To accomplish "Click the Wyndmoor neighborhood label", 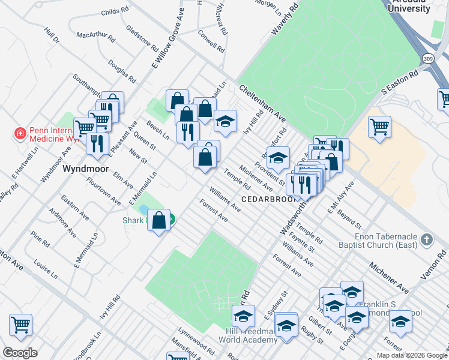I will [86, 169].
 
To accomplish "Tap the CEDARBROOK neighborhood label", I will [266, 199].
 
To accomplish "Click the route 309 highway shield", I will [427, 59].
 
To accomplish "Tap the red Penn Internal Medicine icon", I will [20, 133].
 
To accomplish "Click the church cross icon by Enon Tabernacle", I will [426, 240].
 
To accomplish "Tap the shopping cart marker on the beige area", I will [379, 127].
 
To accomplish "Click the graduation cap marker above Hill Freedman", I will [243, 315].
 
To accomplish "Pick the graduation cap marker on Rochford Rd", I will [278, 158].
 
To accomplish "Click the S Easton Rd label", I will [400, 84].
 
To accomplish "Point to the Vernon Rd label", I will [441, 262].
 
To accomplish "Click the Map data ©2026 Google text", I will [411, 355].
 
